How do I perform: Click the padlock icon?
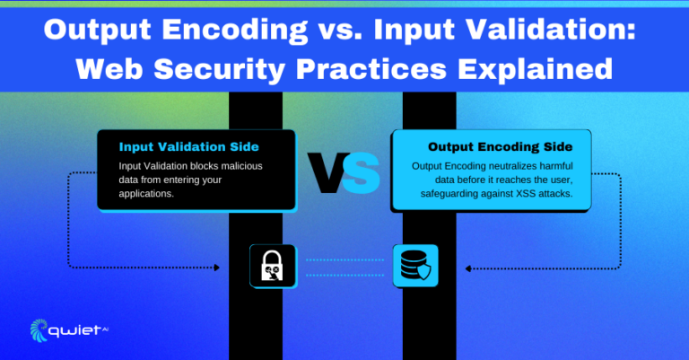(273, 266)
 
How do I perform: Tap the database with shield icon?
(415, 266)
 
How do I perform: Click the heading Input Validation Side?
(189, 147)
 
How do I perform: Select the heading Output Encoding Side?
(500, 147)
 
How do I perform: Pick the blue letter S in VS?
(362, 172)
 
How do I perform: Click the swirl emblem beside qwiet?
(39, 330)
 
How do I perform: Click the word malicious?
(241, 166)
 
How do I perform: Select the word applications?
(146, 194)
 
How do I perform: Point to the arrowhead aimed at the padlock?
(216, 268)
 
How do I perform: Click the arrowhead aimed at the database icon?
(468, 268)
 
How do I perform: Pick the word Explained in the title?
(535, 69)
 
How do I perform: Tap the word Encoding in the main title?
(235, 30)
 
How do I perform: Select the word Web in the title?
(109, 68)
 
